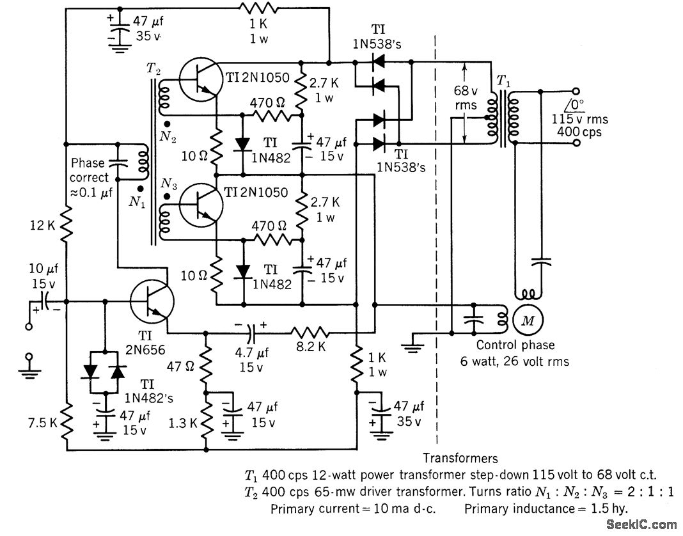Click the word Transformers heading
tap(460, 458)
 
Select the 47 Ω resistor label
tap(181, 367)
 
